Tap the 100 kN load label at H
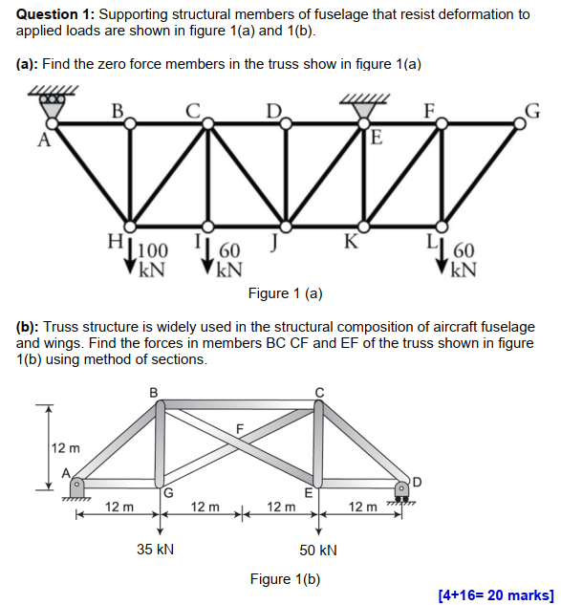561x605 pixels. (152, 259)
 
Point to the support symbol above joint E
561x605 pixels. (361, 107)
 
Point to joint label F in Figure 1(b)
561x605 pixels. (240, 426)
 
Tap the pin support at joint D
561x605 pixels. (404, 489)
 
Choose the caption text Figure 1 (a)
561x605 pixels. (285, 292)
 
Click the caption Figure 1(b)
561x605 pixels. (285, 579)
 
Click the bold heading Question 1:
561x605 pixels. (54, 14)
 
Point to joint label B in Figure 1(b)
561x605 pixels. (155, 391)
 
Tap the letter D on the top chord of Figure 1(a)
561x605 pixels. (273, 110)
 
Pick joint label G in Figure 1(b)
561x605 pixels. (168, 493)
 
